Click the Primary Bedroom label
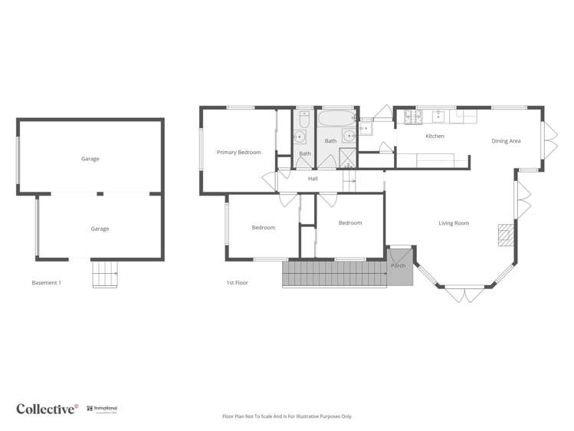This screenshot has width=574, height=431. pos(238,153)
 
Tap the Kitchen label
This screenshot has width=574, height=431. pos(435,137)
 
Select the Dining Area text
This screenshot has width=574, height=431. pos(506,141)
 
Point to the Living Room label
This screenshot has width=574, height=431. pos(454,223)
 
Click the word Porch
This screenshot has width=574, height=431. pos(398,265)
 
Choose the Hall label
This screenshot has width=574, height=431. pos(313,179)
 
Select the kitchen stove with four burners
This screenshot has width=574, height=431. pos(413,117)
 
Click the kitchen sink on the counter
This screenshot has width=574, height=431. pos(441,117)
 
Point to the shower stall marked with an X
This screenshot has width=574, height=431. pos(347,158)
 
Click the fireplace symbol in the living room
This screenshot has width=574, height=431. pos(503,235)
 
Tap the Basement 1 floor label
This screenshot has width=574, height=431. pos(46,283)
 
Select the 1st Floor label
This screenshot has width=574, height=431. pos(237,283)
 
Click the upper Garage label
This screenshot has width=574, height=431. pos(90,159)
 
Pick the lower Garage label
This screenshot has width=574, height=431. pos(100,229)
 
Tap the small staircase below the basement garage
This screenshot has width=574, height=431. pos(105,274)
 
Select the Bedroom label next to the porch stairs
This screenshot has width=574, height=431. pos(350,222)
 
